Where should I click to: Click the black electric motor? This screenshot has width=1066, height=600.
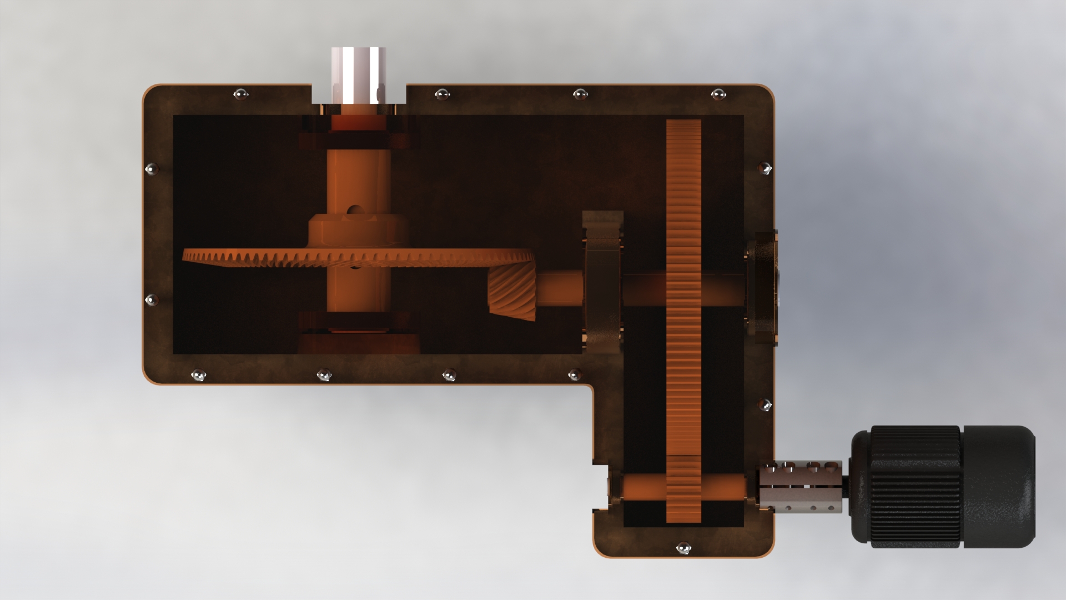point(944,487)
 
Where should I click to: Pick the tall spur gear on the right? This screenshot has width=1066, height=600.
point(683,278)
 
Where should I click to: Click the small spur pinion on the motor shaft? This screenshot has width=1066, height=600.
point(683,489)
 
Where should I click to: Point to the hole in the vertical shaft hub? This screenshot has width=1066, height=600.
point(353,211)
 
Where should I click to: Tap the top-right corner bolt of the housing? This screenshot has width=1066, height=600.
point(718,94)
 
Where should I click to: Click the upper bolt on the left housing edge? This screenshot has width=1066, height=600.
point(151,168)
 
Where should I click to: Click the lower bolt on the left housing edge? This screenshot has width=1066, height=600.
point(151,301)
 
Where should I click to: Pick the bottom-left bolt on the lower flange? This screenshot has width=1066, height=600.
point(198,376)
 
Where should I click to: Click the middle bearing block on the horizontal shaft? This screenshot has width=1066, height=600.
point(602,282)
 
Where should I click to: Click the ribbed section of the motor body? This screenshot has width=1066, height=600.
point(916,487)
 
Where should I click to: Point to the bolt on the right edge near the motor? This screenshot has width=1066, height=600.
point(766,405)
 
